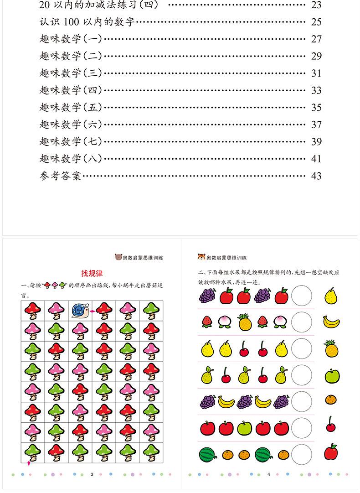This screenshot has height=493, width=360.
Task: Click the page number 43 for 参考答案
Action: click(x=316, y=176)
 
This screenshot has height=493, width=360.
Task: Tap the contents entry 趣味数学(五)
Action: click(x=71, y=108)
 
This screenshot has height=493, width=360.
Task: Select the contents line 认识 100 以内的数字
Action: click(x=87, y=22)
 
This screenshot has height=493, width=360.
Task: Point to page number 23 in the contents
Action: click(x=316, y=5)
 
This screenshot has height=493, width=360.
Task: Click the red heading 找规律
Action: click(x=92, y=273)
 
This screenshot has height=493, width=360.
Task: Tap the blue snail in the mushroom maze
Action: click(x=80, y=311)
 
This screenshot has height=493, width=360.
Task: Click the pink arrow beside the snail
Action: click(x=93, y=311)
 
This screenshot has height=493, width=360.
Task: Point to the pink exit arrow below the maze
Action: click(x=29, y=464)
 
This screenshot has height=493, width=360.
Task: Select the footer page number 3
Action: click(x=92, y=474)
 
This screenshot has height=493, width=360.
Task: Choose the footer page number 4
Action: click(x=269, y=474)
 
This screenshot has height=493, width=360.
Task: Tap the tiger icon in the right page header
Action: click(x=201, y=257)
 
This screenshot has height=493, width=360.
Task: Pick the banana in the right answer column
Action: click(x=331, y=322)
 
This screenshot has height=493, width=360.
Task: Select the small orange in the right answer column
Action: click(x=331, y=400)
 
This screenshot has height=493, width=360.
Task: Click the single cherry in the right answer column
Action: click(x=331, y=426)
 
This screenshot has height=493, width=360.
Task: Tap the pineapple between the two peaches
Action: click(x=245, y=322)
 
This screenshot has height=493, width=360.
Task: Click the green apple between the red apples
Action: click(x=244, y=428)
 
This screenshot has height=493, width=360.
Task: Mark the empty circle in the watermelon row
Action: click(x=302, y=454)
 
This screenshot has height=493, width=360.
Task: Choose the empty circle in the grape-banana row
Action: click(x=302, y=401)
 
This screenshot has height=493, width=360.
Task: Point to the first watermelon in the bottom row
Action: click(x=208, y=454)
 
